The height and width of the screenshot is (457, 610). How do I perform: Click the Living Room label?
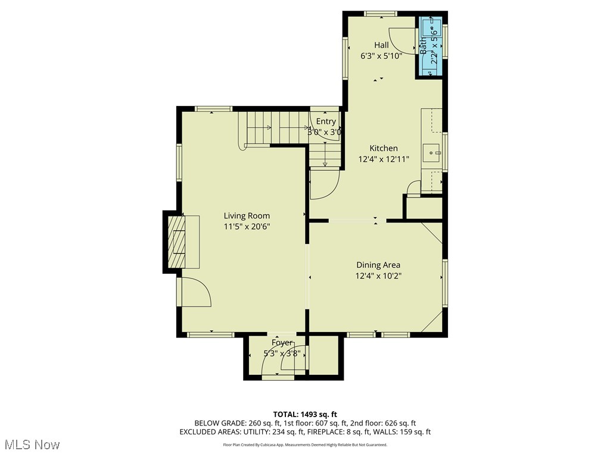(x=247, y=215)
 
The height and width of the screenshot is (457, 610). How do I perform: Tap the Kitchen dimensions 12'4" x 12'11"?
(x=383, y=159)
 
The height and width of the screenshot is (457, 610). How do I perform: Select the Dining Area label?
(x=378, y=265)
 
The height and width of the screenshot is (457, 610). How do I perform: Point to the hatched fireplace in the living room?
(x=177, y=242)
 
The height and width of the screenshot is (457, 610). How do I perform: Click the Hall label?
(x=381, y=45)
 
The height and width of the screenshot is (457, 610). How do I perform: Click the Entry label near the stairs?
(x=326, y=121)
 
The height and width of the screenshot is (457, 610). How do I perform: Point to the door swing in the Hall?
(x=403, y=40)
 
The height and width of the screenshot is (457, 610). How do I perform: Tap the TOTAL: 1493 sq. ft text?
(x=305, y=414)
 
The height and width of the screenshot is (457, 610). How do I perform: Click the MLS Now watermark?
(x=32, y=445)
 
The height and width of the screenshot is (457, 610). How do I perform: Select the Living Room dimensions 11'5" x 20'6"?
(x=247, y=227)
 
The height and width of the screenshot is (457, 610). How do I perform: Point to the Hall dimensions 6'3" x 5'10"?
(x=381, y=56)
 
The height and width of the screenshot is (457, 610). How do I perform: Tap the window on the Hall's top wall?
(x=381, y=14)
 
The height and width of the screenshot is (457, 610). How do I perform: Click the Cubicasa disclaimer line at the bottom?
(x=305, y=445)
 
